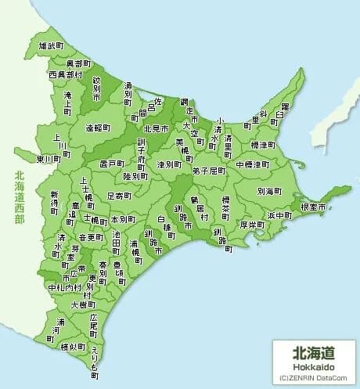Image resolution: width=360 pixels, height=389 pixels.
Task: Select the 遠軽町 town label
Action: point(99,127)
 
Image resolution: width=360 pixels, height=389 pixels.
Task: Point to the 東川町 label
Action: point(49,158)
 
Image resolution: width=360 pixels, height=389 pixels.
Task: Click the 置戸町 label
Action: point(113,164)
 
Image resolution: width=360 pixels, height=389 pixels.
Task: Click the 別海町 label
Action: point(269,190)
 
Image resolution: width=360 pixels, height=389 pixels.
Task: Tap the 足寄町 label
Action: point(120,195)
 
